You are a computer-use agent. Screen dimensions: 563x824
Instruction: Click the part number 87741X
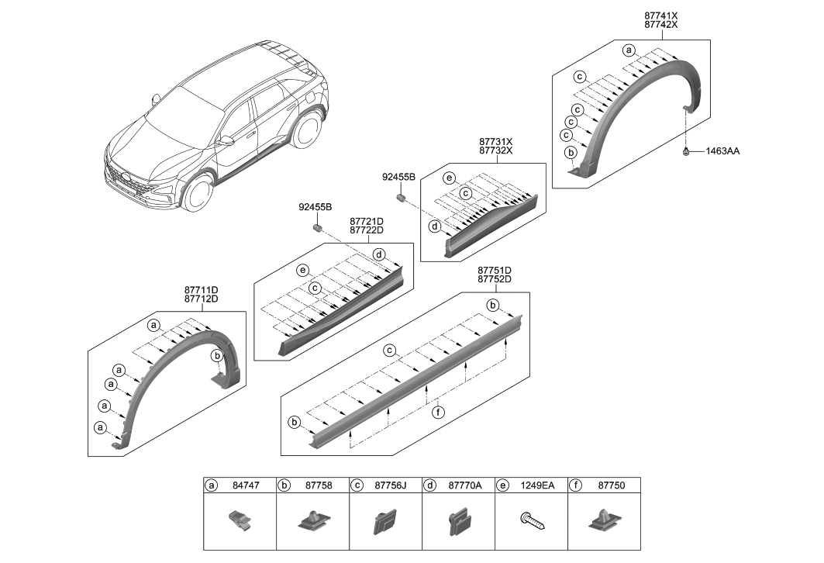coord(660,15)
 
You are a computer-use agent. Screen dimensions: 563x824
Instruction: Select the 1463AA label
coord(722,151)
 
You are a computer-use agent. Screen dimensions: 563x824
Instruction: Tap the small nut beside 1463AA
coord(687,151)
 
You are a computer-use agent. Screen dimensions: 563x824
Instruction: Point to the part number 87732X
coord(495,150)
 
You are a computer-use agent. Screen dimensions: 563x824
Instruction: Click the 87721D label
coord(367,221)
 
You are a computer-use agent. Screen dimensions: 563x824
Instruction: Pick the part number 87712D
coord(201,299)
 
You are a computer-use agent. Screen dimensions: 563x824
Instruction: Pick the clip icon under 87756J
coord(385,523)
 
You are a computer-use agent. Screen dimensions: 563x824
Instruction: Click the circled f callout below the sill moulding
coord(439,413)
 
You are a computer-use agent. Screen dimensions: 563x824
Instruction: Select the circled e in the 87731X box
coord(448,178)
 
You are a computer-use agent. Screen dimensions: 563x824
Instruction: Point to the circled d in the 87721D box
coord(379,254)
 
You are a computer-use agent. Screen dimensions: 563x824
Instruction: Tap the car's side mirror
coord(226,141)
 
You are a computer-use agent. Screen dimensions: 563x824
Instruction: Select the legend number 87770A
coord(465,485)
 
